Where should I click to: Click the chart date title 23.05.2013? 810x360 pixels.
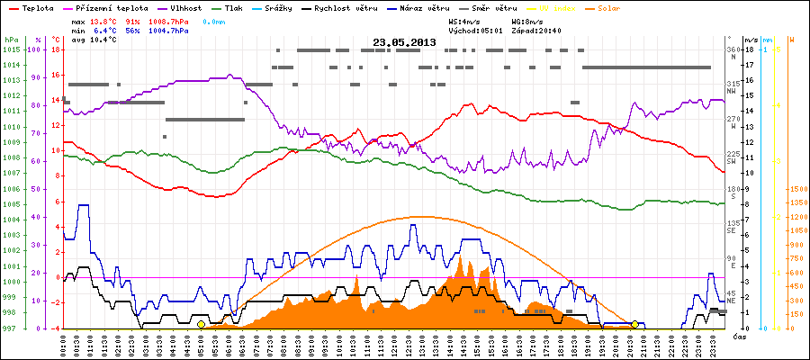pos(404,42)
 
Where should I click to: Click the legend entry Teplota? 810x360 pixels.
pos(37,7)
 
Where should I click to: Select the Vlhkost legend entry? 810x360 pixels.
pos(185,7)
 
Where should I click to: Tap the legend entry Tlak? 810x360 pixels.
pos(233,7)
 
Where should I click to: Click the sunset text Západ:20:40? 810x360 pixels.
pos(535,30)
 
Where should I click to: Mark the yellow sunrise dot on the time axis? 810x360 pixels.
pos(201,324)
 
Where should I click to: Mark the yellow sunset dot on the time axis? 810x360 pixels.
pos(635,324)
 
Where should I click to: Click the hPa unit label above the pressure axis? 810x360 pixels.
pos(10,40)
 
